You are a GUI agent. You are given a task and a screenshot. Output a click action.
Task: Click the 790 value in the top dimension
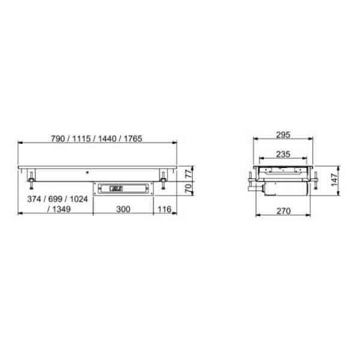point(58,139)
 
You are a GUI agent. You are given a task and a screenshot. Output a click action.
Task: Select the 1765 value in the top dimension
point(133,139)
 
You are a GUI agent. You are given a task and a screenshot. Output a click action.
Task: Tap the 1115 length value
point(81,139)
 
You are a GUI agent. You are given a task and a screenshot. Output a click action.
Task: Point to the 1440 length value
point(107,139)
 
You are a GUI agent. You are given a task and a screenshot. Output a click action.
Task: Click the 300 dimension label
point(123,209)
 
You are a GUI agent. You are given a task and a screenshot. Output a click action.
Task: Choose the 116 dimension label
point(164,209)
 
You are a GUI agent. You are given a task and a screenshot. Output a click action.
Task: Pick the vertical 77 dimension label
point(188,173)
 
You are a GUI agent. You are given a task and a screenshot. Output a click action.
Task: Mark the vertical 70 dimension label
point(188,188)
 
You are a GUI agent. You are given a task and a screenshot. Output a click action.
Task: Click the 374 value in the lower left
point(34,199)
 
